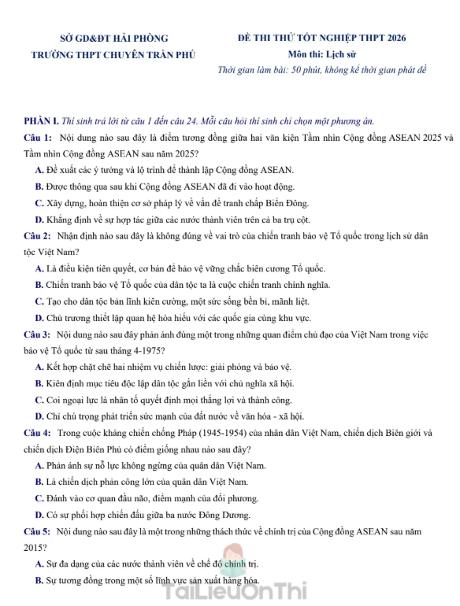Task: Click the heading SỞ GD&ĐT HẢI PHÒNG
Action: (x=113, y=38)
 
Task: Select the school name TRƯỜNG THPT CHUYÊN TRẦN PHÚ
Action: (x=113, y=55)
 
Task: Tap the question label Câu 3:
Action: (x=37, y=334)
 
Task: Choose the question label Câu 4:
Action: (x=37, y=432)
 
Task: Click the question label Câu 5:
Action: (x=37, y=530)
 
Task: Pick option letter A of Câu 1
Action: (x=39, y=170)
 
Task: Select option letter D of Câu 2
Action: (x=39, y=317)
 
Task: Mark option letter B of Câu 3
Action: (x=39, y=383)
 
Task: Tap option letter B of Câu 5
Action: (x=39, y=580)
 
